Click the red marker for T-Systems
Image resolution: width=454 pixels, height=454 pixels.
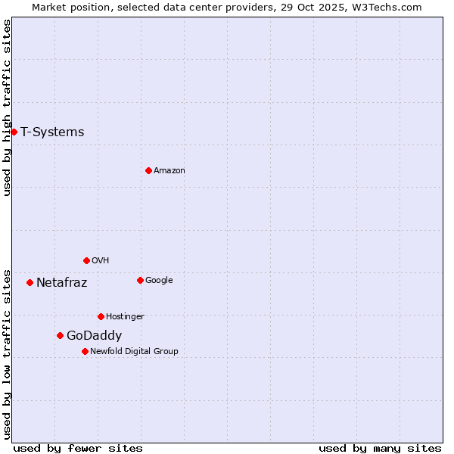(x=14, y=132)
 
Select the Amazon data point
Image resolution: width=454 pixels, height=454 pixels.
(x=148, y=170)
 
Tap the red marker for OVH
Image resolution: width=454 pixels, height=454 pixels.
(x=86, y=260)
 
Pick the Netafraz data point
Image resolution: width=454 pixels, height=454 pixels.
(x=30, y=282)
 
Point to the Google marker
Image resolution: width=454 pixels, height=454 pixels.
(x=140, y=280)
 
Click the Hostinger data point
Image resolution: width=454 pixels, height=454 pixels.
(x=101, y=316)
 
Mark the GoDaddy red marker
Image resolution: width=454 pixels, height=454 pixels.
(x=60, y=335)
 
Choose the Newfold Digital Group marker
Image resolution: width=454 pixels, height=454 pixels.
(x=85, y=351)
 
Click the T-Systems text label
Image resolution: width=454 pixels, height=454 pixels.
(x=52, y=132)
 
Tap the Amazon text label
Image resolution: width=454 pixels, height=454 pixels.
(x=169, y=170)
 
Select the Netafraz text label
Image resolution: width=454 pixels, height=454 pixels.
(x=61, y=282)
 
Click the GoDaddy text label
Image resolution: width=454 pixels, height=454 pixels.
(x=94, y=335)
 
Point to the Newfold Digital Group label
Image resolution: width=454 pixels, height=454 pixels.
(x=134, y=351)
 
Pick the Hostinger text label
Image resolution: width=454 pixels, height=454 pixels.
(x=125, y=316)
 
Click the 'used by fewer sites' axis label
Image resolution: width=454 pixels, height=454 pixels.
(x=78, y=448)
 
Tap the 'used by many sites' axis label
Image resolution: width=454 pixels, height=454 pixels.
(x=380, y=448)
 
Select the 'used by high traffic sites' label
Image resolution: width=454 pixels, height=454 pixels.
(x=8, y=107)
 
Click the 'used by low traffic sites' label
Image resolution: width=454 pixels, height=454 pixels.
(x=8, y=354)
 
